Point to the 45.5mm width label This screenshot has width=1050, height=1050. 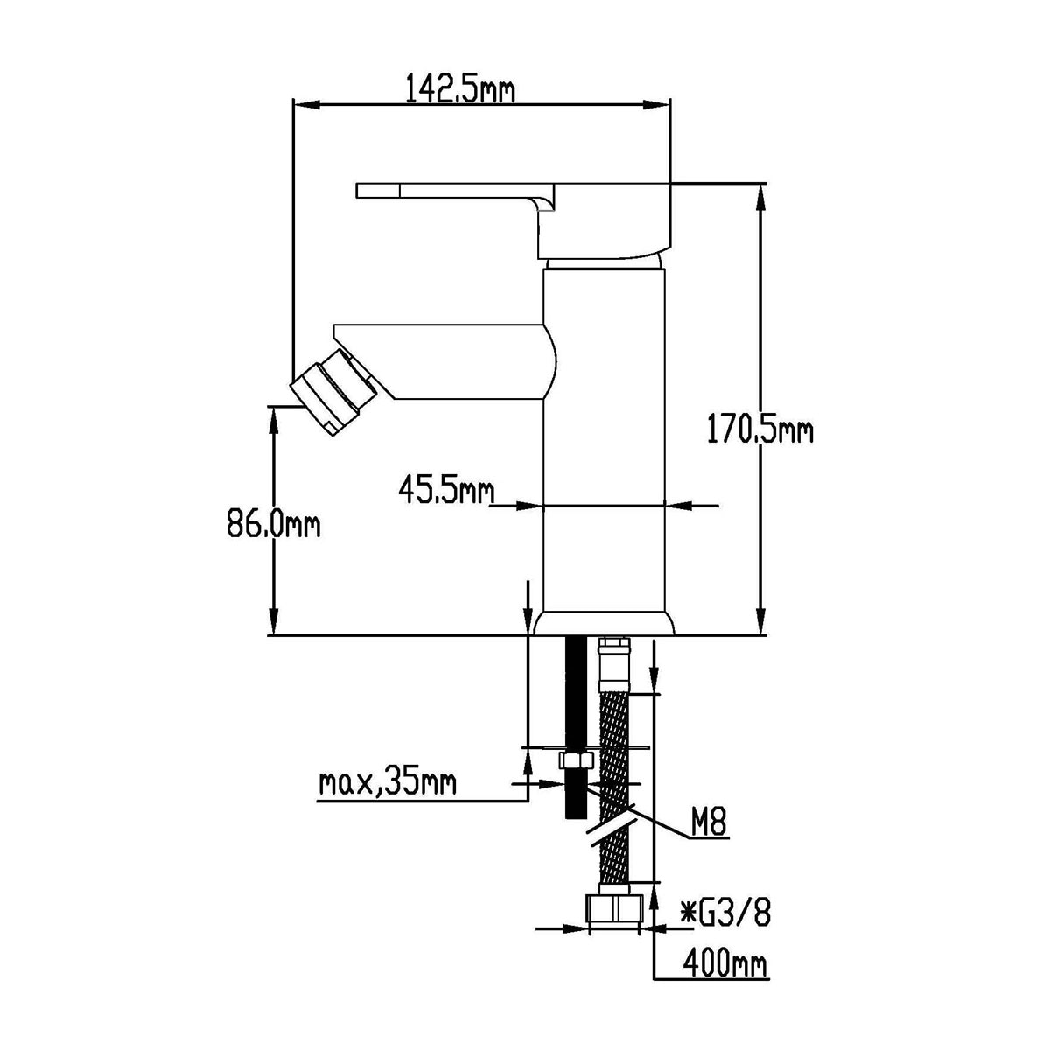coord(446,489)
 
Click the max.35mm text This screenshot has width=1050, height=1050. coord(387,783)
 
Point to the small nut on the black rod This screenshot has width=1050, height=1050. coord(576,760)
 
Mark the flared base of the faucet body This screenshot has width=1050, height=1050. coord(605,623)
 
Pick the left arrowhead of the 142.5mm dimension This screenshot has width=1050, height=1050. coord(306,105)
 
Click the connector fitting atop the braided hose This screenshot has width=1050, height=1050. coord(614,665)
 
